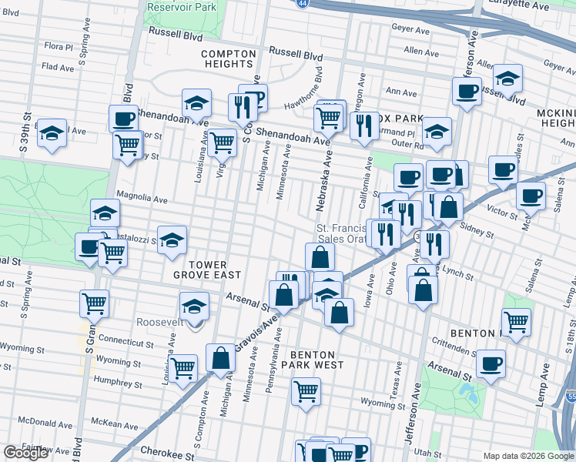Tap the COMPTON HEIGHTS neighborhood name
click(x=228, y=59)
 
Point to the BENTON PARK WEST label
click(x=316, y=357)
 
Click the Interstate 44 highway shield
click(x=303, y=3)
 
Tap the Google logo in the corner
click(x=25, y=454)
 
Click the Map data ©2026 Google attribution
click(x=527, y=456)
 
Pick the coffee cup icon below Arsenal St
click(x=490, y=363)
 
